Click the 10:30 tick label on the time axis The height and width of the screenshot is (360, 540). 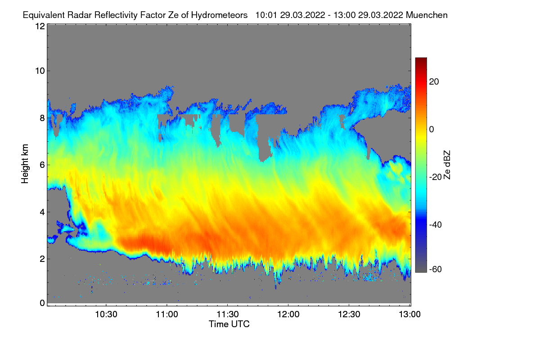(106, 314)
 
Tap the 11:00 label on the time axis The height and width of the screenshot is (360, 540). (167, 314)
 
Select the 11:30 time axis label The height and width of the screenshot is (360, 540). (228, 314)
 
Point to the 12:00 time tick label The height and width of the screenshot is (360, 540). (288, 314)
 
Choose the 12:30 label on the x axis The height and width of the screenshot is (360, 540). (349, 314)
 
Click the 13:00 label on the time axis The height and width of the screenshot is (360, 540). (409, 314)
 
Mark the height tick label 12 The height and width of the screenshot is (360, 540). (40, 26)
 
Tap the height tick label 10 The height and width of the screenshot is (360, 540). (40, 71)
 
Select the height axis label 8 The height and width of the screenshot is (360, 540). (42, 118)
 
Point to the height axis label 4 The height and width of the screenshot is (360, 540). (42, 211)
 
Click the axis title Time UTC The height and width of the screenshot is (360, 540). (229, 324)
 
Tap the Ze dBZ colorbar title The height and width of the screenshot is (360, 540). (447, 165)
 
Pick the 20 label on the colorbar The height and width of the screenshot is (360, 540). (434, 81)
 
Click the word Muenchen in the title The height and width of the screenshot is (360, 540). (427, 15)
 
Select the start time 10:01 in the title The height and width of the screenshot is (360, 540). (266, 15)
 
